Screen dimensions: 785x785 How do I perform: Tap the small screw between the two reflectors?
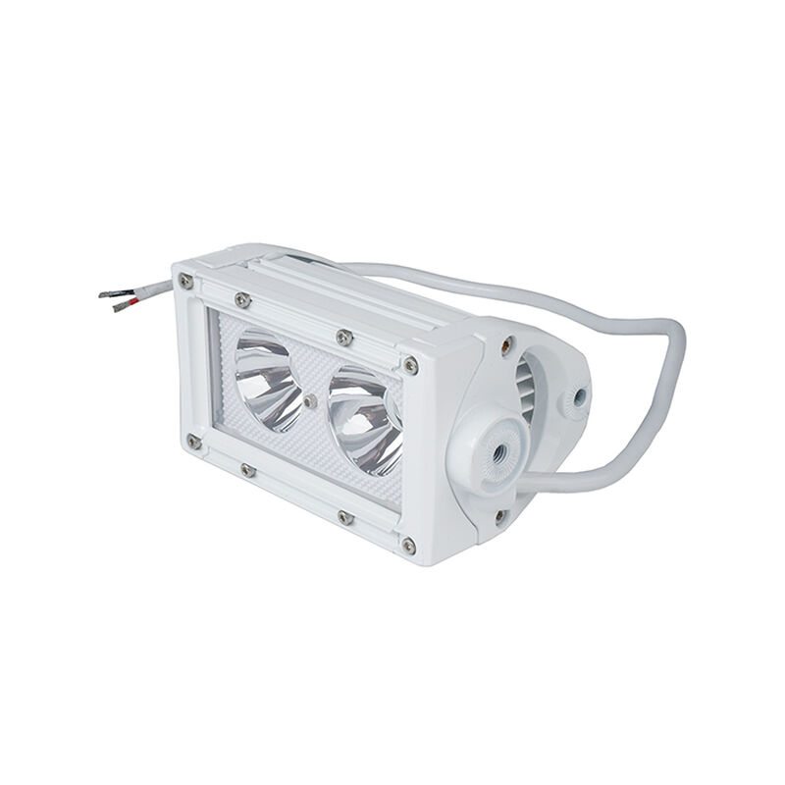coord(310,400)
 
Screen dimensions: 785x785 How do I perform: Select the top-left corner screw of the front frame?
coord(186,282)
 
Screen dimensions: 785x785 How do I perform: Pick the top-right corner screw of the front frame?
coord(410,366)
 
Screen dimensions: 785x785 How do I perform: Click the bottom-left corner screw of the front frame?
coord(194,443)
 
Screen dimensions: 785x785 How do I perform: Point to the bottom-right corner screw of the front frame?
coord(408,545)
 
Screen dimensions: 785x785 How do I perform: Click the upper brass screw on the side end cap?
coord(508,344)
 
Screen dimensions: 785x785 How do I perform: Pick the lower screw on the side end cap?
coord(500,515)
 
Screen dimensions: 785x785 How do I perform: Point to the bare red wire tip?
coord(123,307)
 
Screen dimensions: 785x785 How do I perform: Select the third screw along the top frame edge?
coord(343,338)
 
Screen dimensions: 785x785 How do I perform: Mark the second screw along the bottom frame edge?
coord(247,470)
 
